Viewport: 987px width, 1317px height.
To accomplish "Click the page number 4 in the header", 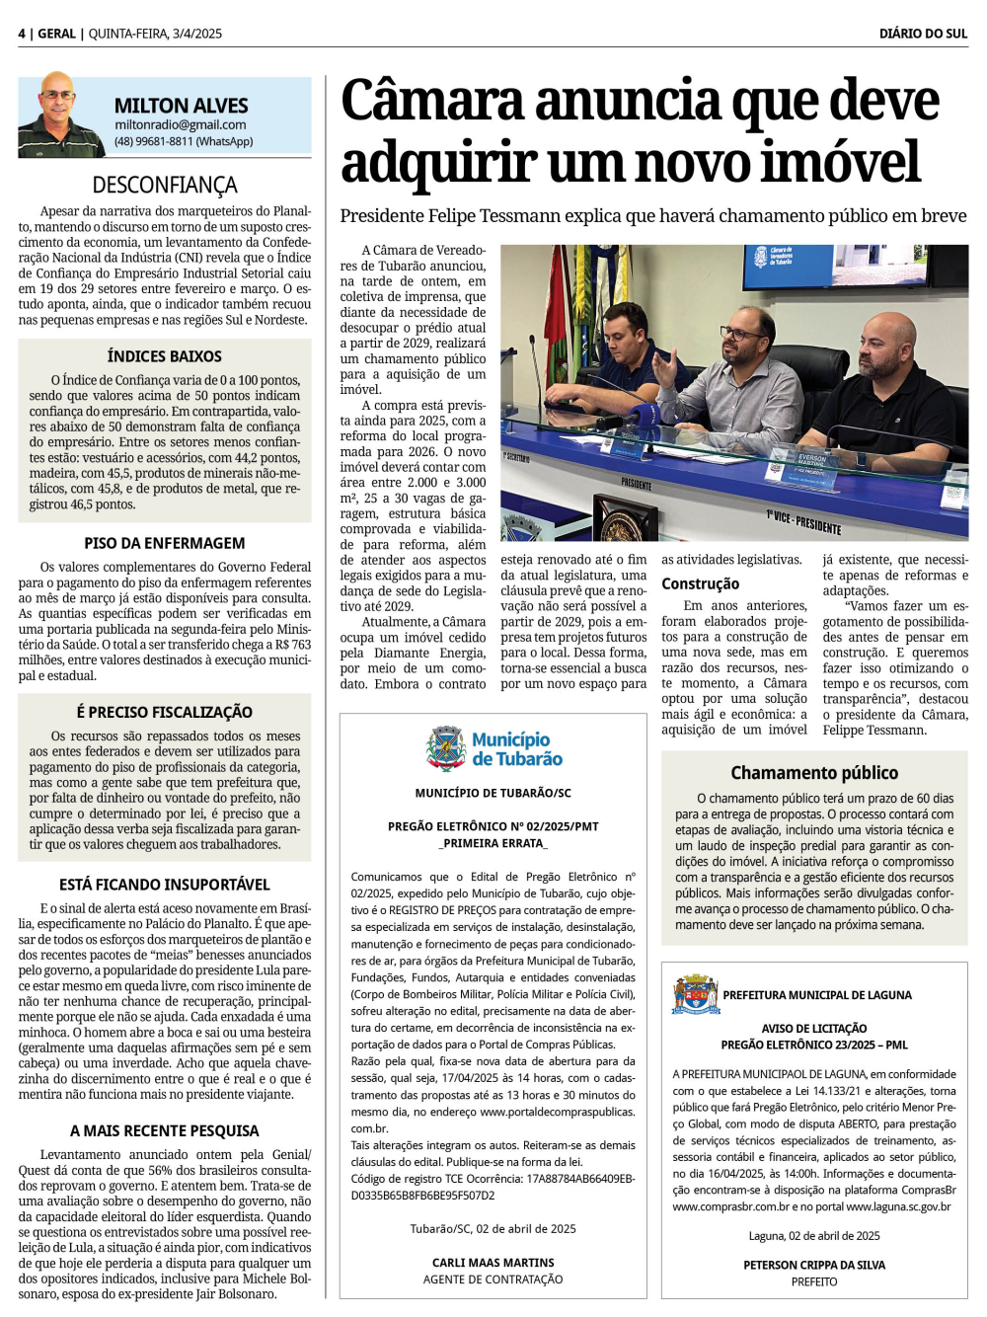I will [x=21, y=34].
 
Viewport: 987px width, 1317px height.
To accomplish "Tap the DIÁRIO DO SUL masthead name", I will [x=923, y=34].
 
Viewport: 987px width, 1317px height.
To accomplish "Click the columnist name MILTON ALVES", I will [x=181, y=106].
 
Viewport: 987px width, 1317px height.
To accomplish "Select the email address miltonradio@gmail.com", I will [x=180, y=125].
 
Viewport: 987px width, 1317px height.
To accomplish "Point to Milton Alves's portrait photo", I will [x=60, y=116].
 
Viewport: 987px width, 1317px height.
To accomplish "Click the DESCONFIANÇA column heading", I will [x=165, y=185].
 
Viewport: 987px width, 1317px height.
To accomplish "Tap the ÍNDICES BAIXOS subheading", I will [x=165, y=356].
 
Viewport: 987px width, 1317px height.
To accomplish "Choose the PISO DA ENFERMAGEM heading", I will [x=165, y=543].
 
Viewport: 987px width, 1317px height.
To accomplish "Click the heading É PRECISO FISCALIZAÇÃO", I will [x=165, y=712].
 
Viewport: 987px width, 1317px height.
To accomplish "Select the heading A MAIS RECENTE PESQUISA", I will [x=165, y=1130].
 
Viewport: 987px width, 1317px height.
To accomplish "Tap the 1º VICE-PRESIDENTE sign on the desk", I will [x=804, y=521].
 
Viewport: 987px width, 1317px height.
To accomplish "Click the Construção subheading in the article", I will [x=700, y=583].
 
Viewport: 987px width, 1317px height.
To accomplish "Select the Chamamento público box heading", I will [x=814, y=773].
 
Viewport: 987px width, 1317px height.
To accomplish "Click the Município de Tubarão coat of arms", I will [x=446, y=748].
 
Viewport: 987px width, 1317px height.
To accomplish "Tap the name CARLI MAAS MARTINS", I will [x=493, y=1263].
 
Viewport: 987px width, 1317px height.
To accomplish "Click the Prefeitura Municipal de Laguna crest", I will [x=696, y=994].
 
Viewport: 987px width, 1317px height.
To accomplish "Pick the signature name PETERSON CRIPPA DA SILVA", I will [x=814, y=1265].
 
